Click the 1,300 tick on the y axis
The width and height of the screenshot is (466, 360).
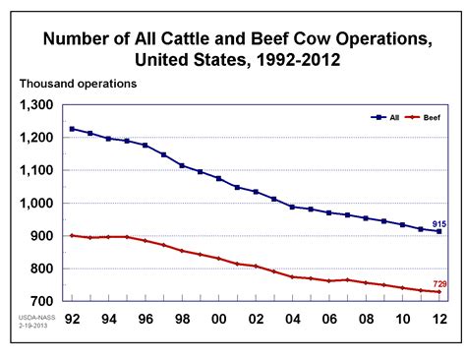coord(37,105)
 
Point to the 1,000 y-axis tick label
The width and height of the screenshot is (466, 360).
coord(37,203)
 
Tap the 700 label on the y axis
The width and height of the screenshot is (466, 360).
coord(44,301)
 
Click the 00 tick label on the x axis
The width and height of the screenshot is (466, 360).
coord(218,319)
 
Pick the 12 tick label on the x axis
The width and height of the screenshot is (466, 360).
coord(437,319)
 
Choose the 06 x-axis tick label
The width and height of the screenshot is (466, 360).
coord(327,319)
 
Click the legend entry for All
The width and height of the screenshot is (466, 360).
coord(384,116)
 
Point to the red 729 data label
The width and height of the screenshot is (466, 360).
coord(440,283)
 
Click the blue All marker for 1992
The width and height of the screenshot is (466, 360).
coord(73,129)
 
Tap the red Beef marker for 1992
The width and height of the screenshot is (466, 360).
coord(73,235)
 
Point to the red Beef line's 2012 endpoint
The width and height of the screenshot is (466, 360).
coord(437,292)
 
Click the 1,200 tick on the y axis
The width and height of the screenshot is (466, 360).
coord(37,138)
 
